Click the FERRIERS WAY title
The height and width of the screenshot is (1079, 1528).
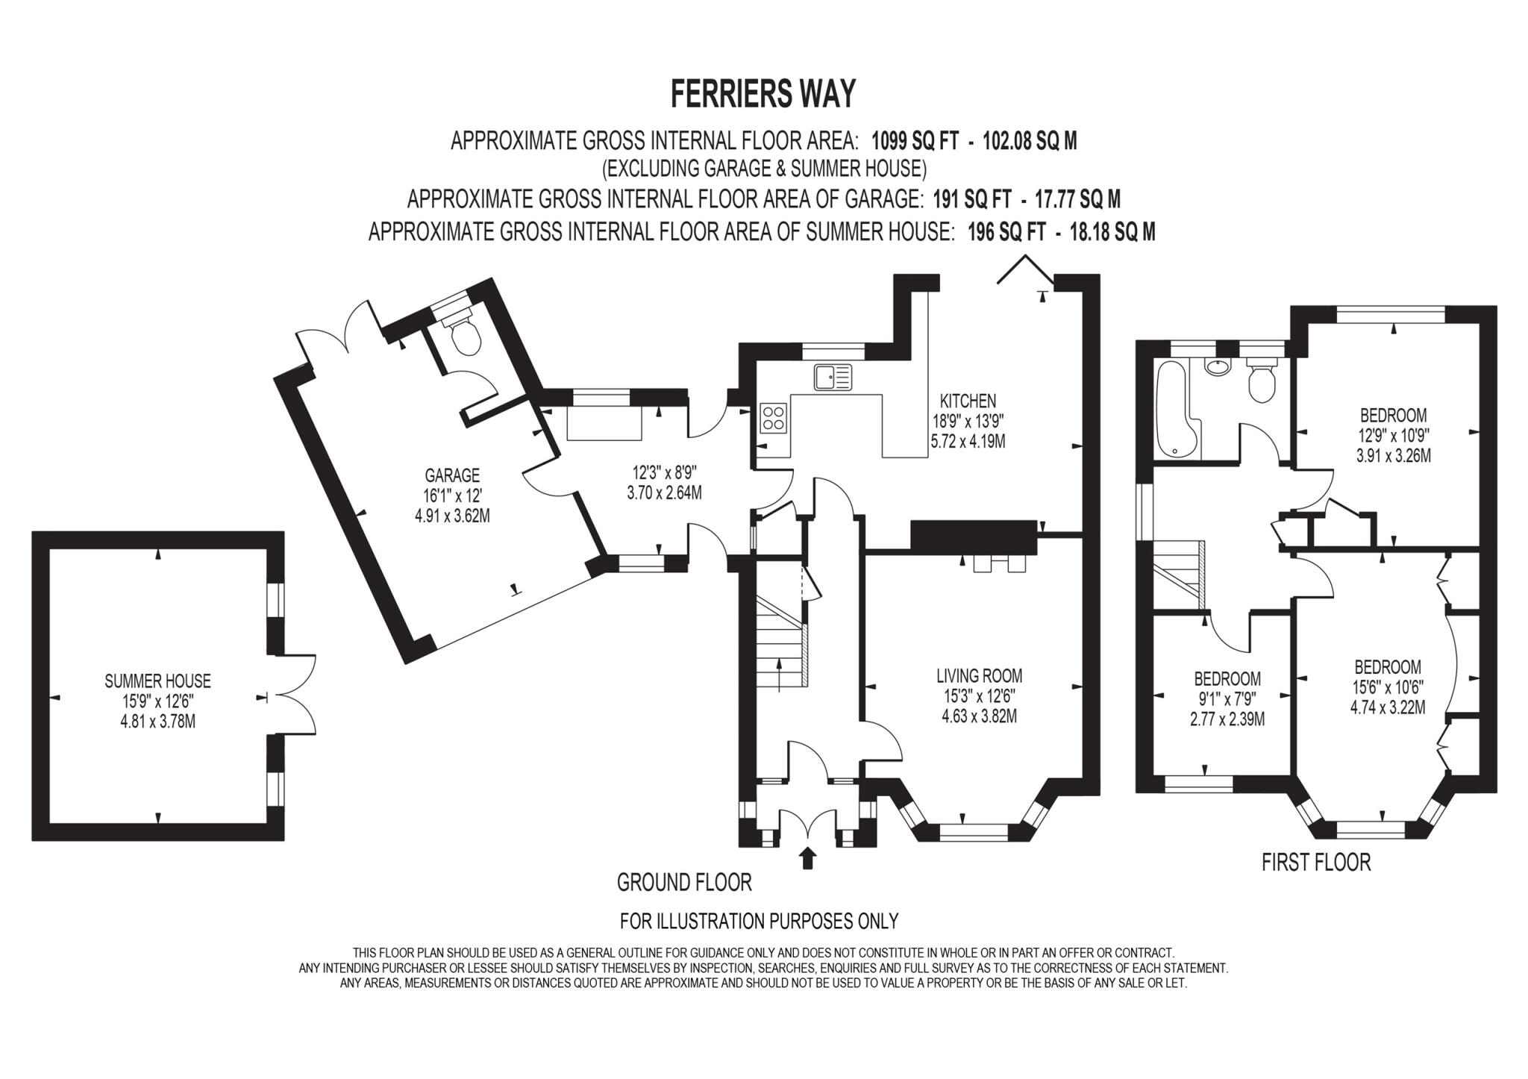[x=763, y=95]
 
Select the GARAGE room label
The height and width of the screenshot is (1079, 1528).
[x=452, y=475]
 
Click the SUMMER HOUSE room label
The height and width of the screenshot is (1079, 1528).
[x=157, y=681]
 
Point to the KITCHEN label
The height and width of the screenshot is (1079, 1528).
[x=968, y=401]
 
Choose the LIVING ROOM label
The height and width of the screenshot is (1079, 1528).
[x=979, y=676]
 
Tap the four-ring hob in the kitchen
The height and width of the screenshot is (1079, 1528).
[x=773, y=418]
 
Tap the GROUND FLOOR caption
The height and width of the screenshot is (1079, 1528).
[x=684, y=883]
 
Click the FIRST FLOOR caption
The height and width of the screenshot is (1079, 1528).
[x=1316, y=863]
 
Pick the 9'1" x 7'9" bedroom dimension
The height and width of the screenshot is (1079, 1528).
[x=1227, y=699]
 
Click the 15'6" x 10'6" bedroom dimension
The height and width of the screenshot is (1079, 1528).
[x=1388, y=687]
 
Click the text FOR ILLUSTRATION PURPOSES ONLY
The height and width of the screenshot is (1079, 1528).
[x=759, y=922]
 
